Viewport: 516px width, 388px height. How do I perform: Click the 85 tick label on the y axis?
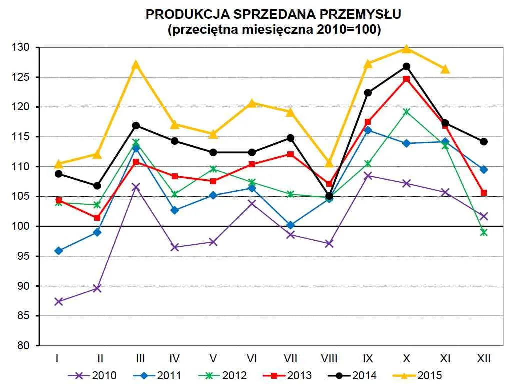(25, 316)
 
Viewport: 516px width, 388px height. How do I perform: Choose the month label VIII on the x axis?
(329, 358)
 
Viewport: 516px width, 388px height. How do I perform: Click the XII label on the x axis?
(483, 358)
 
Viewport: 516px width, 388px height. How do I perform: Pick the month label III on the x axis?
(141, 358)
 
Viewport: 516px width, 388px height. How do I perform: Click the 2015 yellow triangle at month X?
(406, 49)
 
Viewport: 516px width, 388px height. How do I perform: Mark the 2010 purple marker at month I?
(59, 302)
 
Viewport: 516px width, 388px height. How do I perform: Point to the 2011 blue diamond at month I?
(59, 251)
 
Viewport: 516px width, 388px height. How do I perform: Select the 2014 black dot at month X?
(406, 66)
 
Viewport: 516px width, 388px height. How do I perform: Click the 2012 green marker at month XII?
(483, 232)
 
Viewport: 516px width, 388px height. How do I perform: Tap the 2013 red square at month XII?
(483, 193)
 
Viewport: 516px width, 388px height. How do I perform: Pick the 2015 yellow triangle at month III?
(136, 65)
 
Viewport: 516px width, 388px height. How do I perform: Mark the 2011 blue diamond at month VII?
(290, 225)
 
